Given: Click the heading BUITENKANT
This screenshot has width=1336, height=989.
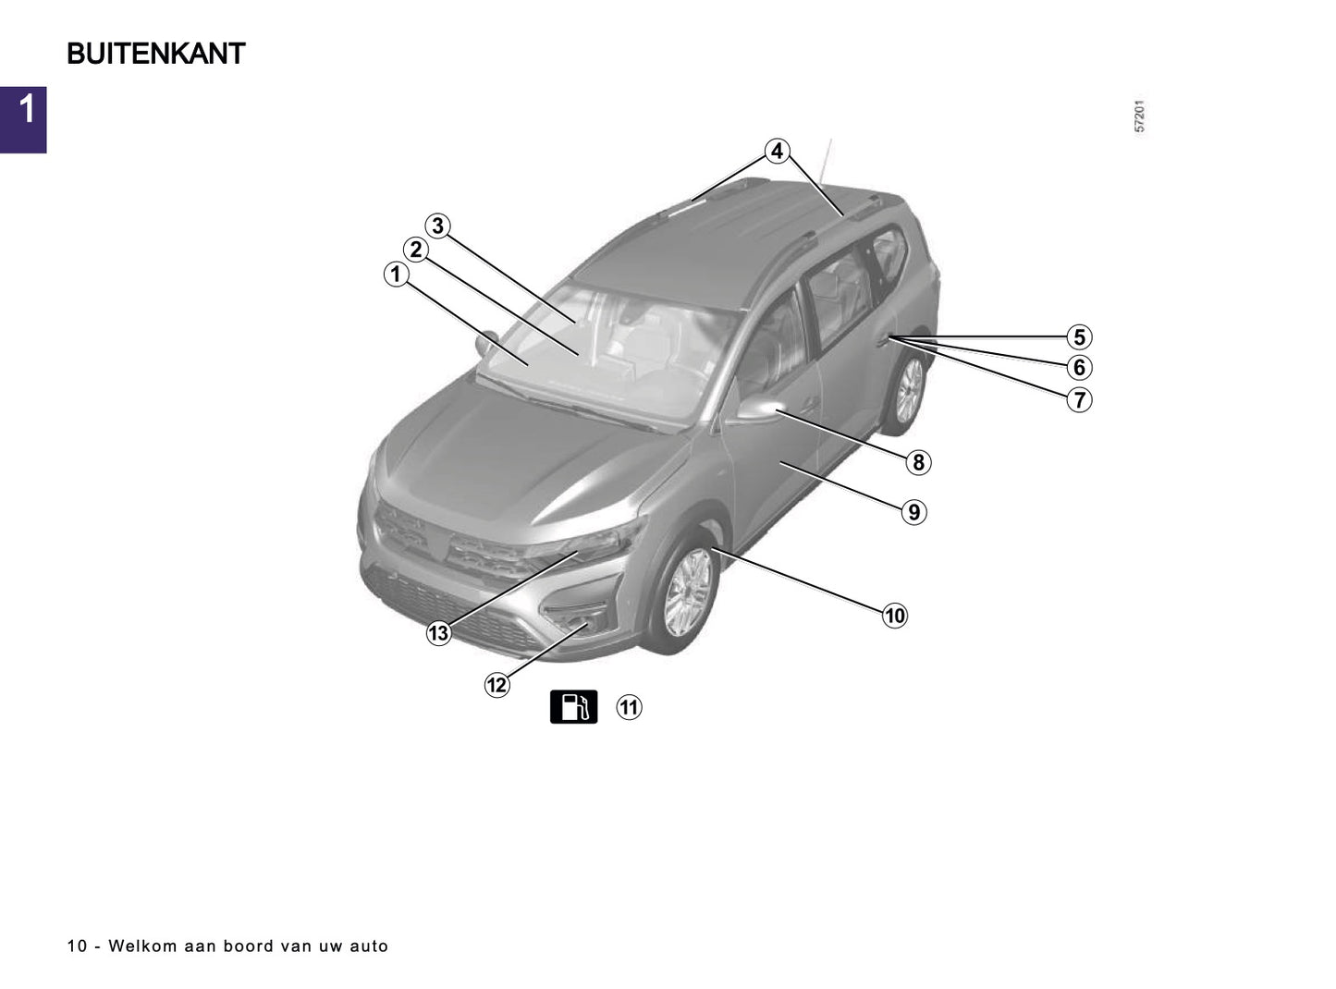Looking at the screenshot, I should tap(155, 54).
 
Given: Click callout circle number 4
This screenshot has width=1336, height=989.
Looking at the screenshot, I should tap(777, 151).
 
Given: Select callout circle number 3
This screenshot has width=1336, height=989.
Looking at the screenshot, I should tap(437, 226).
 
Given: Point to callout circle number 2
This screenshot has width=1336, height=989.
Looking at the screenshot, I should tap(416, 250).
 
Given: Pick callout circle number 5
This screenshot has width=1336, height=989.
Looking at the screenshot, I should tap(1078, 337).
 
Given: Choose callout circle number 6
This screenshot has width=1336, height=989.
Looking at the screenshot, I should tap(1078, 368).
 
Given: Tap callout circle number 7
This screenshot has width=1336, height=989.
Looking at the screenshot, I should tap(1078, 400).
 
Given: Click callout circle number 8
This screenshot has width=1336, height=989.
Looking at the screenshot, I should tap(917, 462).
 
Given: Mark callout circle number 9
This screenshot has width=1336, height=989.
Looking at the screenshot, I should tap(913, 512).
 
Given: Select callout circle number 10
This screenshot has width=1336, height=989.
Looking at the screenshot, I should tap(894, 616).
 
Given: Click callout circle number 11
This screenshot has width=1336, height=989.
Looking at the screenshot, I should tap(629, 707).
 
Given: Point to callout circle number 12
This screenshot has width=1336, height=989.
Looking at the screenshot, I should tap(496, 685).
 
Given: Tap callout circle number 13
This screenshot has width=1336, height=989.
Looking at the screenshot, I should tap(438, 632).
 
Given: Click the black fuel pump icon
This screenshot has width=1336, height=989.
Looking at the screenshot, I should tap(573, 706).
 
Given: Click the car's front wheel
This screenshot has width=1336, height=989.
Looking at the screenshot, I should tap(688, 592).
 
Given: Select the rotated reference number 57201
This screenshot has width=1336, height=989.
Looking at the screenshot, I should tap(1140, 116).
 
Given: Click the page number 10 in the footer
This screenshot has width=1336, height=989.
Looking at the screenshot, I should tap(77, 946).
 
